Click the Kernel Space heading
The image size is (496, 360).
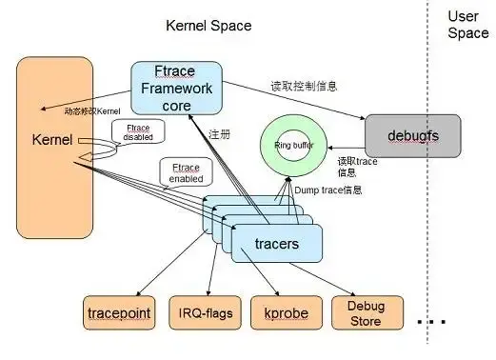click(208, 26)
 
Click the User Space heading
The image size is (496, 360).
click(467, 25)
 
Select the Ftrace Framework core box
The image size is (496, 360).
click(175, 87)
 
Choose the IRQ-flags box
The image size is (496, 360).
click(207, 313)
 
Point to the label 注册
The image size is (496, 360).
click(219, 133)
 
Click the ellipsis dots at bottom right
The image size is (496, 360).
click(431, 322)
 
